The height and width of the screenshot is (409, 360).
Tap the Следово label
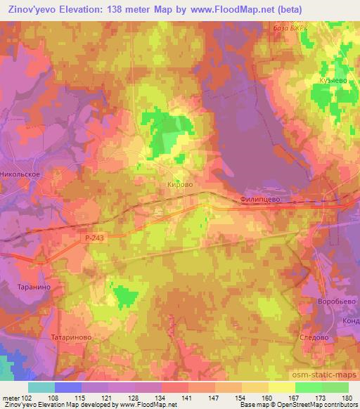click(314, 337)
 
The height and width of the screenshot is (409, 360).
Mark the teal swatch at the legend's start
click(41, 387)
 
